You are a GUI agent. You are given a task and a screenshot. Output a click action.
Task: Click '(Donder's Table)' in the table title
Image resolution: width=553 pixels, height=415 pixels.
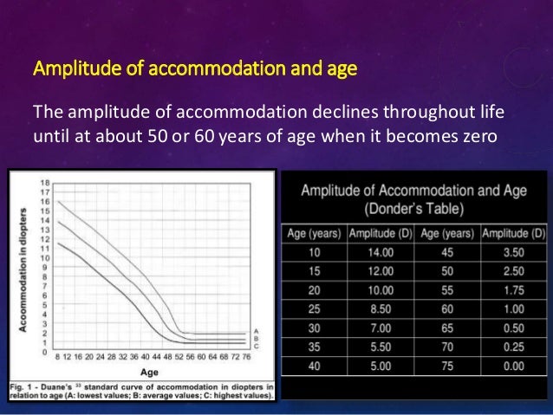click(x=413, y=209)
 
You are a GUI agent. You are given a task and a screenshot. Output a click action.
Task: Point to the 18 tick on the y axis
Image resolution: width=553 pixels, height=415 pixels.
click(x=42, y=183)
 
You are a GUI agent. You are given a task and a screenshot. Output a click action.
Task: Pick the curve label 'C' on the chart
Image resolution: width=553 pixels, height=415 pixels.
click(x=254, y=345)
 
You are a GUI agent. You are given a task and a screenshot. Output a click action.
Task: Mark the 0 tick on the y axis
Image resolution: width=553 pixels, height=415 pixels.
click(x=43, y=353)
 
